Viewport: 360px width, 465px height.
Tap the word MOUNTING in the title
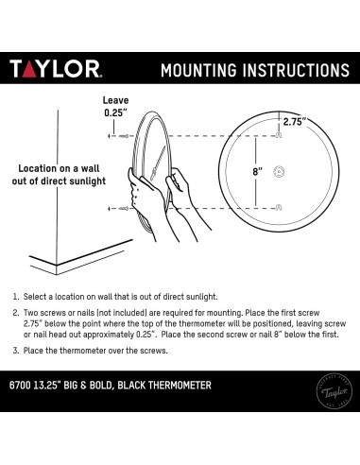click(203, 71)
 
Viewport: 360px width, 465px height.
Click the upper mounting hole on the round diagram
click(278, 137)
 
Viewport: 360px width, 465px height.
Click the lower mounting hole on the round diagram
click(278, 206)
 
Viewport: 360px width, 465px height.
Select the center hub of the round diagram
click(278, 171)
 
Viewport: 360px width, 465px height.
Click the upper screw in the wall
click(125, 137)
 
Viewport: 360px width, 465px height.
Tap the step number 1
click(16, 295)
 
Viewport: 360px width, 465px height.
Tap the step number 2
click(16, 312)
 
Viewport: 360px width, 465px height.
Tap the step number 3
click(16, 351)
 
